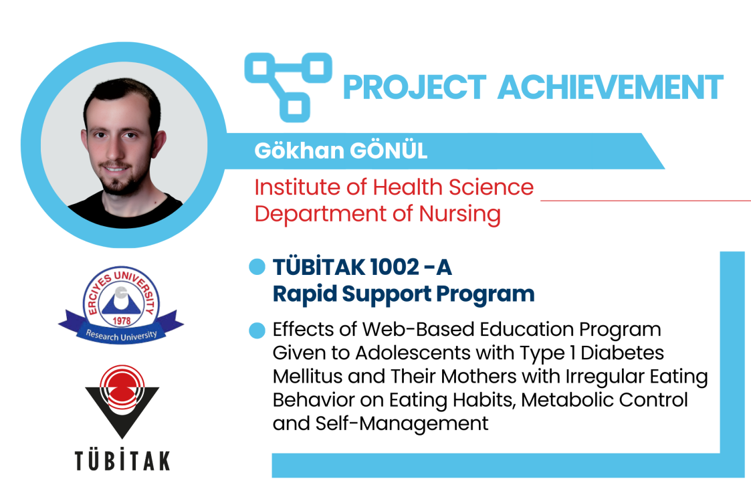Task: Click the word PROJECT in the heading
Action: [415, 87]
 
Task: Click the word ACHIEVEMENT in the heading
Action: [611, 87]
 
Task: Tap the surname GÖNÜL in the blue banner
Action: [389, 151]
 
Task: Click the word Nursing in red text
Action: [460, 213]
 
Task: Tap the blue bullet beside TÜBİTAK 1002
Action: [257, 267]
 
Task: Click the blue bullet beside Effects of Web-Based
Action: [257, 330]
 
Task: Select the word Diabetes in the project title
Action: [622, 353]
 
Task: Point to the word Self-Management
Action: [401, 424]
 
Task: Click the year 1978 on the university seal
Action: [122, 320]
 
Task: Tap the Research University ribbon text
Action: [121, 335]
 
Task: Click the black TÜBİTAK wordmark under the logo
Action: [122, 460]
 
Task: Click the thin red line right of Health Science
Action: [645, 200]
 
